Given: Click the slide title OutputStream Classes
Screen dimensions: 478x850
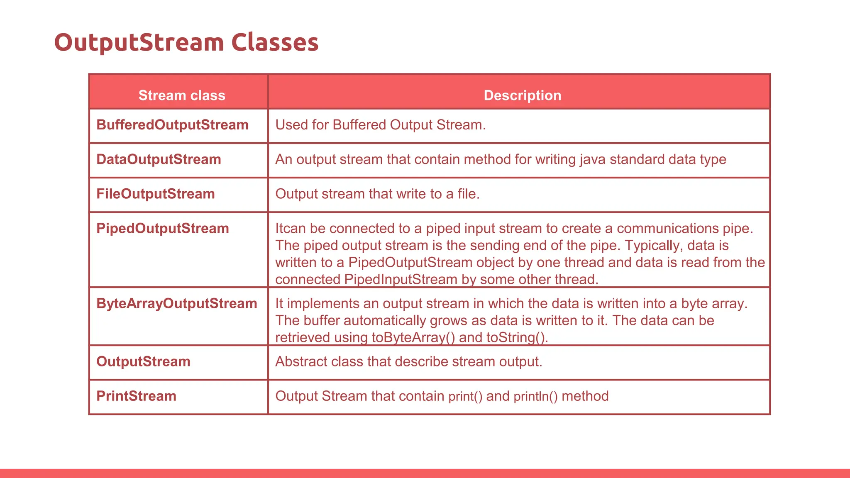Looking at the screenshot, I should pyautogui.click(x=186, y=42).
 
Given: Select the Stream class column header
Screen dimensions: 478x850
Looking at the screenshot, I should pyautogui.click(x=182, y=95).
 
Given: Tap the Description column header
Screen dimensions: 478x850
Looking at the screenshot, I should pyautogui.click(x=522, y=95).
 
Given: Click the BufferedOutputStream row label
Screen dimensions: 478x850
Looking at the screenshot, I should pyautogui.click(x=172, y=125).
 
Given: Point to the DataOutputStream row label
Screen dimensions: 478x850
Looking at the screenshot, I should pyautogui.click(x=159, y=159).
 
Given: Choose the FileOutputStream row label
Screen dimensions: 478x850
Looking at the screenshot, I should pyautogui.click(x=156, y=194).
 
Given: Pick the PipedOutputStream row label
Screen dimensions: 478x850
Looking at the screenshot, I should pyautogui.click(x=163, y=228).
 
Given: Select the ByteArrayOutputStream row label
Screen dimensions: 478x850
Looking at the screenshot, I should pyautogui.click(x=177, y=303).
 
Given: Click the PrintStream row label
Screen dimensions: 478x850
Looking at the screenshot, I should pyautogui.click(x=136, y=396).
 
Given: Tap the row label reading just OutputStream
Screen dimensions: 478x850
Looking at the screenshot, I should pyautogui.click(x=143, y=361).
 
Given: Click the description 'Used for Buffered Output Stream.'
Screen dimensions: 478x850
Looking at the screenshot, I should pyautogui.click(x=380, y=125).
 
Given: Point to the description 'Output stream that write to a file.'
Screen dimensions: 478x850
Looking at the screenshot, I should pyautogui.click(x=377, y=194).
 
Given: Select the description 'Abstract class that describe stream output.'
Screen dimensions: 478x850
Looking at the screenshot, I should pyautogui.click(x=408, y=361).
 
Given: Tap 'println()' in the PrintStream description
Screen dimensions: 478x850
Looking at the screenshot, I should pyautogui.click(x=535, y=396).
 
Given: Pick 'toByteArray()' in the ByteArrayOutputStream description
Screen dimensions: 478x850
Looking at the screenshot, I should pyautogui.click(x=413, y=337).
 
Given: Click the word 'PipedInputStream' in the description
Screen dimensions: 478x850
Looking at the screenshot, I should pyautogui.click(x=401, y=279).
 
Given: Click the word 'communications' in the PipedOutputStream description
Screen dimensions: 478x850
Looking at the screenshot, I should pyautogui.click(x=668, y=228).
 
